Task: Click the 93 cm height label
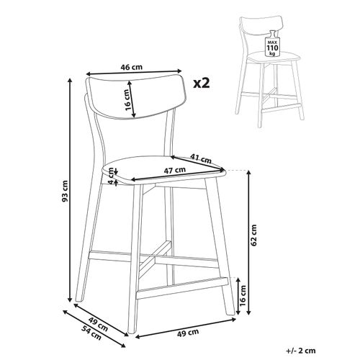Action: click(65, 191)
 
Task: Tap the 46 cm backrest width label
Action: click(131, 67)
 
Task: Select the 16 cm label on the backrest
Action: click(128, 100)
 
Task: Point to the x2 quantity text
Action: click(202, 84)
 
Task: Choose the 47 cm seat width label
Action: click(175, 171)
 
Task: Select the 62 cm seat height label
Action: click(253, 235)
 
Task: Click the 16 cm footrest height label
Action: click(243, 296)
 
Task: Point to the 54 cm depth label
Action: click(91, 333)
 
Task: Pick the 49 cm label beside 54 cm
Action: click(98, 324)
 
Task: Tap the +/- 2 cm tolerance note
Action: click(301, 351)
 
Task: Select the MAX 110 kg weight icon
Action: click(272, 44)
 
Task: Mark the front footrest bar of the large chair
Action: click(182, 288)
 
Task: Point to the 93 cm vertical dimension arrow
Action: click(70, 190)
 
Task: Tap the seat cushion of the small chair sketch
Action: click(274, 56)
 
